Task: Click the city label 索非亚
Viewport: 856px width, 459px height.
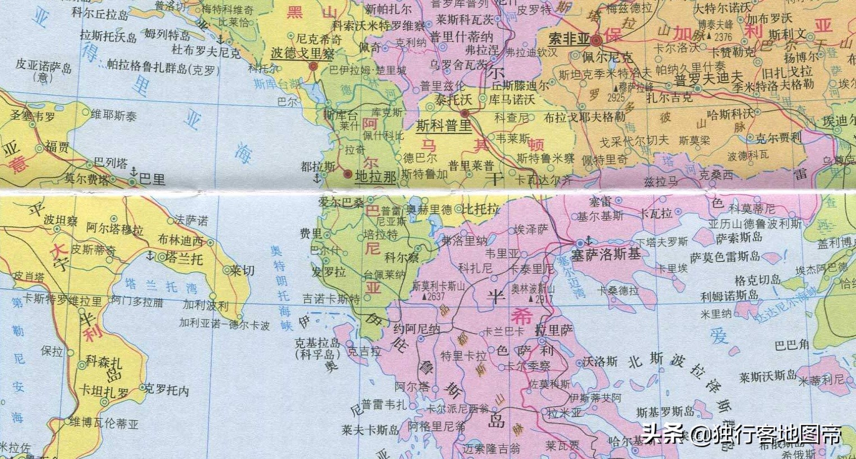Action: coord(568,39)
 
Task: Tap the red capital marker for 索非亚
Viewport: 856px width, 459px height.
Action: coord(597,40)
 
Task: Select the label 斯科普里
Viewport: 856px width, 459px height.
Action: coord(443,126)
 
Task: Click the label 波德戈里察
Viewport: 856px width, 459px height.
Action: coord(302,53)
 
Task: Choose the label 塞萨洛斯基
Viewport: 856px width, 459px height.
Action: coord(605,254)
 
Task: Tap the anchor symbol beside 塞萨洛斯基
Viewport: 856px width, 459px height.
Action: coord(589,240)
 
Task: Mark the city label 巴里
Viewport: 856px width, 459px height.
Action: coord(152,179)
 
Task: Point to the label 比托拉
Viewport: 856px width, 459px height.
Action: coord(480,209)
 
